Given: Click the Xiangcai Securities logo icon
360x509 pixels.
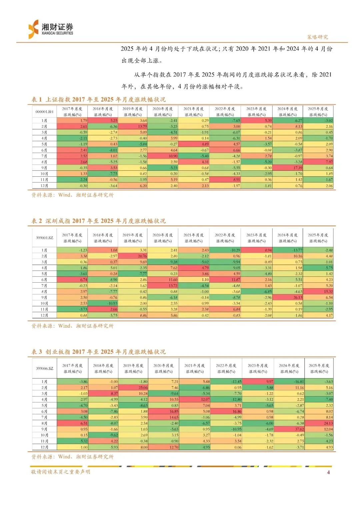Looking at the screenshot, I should coord(34,29).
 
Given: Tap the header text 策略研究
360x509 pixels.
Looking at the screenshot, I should coord(317,37).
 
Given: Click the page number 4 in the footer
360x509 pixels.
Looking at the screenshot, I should coord(328,472).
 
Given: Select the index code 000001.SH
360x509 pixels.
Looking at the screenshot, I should coord(44,112).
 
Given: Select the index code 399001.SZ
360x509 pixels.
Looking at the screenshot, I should coord(44,238).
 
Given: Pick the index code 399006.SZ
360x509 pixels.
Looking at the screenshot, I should coord(44,368).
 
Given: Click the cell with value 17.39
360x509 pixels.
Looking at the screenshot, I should coord(288,168).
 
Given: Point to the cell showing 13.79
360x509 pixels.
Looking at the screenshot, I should coord(133,126).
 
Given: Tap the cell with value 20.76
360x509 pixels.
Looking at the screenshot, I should coord(133,256).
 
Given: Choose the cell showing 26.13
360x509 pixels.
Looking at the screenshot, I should coord(288,297).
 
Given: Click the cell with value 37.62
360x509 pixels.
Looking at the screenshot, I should coord(289,429).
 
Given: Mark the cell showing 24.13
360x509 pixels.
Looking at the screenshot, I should coord(319,423).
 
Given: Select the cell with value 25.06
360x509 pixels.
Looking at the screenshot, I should coord(133,388).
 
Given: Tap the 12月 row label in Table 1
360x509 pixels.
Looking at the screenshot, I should coord(44,186).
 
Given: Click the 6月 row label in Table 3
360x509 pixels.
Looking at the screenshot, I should coord(44,411).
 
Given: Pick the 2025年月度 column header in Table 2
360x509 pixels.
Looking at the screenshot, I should coord(318,238).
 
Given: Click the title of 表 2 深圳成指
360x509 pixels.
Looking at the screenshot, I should coord(98,221).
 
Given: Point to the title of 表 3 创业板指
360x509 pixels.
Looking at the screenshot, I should coord(98,352).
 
